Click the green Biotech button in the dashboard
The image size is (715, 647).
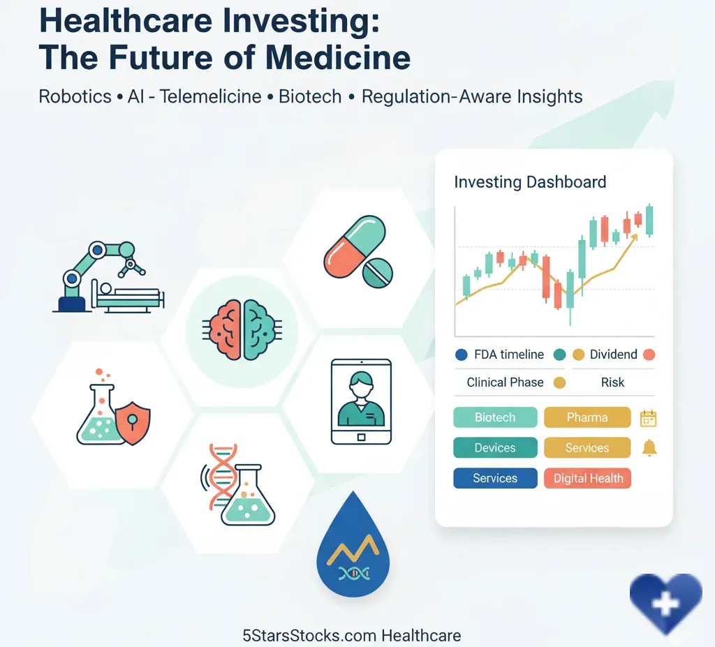click(495, 417)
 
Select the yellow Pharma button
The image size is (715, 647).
click(587, 417)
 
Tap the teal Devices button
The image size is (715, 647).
click(495, 448)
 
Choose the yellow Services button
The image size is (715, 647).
click(587, 448)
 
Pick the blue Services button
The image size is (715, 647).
click(495, 478)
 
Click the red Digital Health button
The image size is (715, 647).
click(588, 478)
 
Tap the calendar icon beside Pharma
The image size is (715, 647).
click(649, 418)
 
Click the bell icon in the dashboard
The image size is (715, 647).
click(649, 448)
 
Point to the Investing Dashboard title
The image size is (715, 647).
click(530, 182)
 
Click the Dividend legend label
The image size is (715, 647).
click(613, 355)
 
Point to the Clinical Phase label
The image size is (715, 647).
click(505, 382)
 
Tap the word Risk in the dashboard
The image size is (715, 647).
click(612, 382)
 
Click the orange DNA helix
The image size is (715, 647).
click(222, 475)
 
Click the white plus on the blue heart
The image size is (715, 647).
click(665, 604)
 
